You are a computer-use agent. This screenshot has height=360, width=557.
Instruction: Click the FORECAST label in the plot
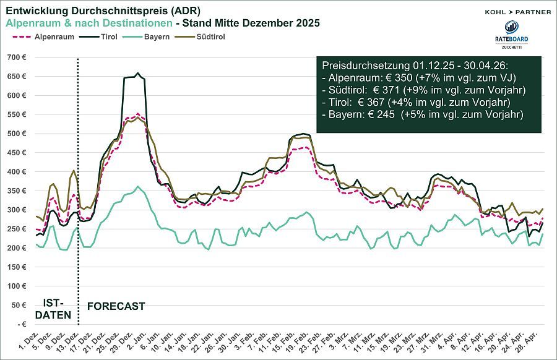[x=116, y=306]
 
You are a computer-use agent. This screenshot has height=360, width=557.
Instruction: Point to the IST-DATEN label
[x=53, y=309]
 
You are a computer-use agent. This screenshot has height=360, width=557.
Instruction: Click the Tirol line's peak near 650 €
[x=137, y=74]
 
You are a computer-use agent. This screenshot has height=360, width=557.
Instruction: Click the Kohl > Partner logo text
[x=517, y=11]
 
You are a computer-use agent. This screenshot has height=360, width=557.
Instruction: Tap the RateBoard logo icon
[x=511, y=27]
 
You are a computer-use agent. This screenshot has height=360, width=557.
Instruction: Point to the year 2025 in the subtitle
[x=308, y=24]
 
